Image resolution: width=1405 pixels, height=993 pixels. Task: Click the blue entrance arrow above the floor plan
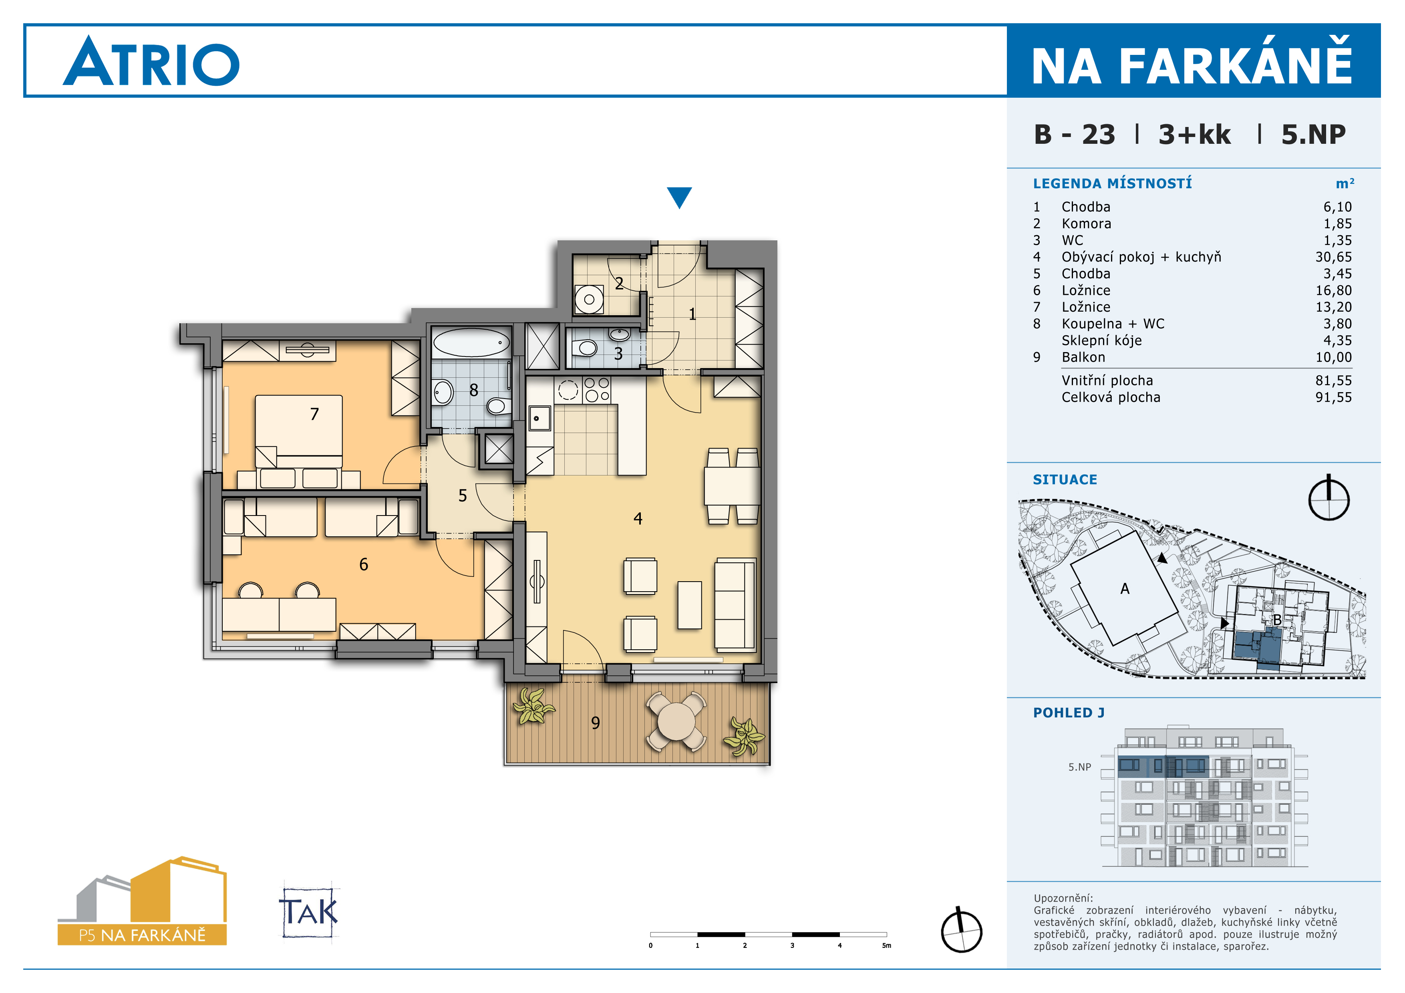click(679, 197)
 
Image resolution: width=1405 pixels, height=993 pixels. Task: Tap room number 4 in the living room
click(638, 519)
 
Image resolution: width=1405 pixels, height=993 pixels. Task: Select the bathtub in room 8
click(471, 342)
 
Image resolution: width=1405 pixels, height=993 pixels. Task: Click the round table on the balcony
click(676, 721)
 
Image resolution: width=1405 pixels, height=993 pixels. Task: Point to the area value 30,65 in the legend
click(1333, 257)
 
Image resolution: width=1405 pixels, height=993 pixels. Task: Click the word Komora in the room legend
click(1086, 224)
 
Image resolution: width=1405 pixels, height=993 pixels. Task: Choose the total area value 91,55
click(1333, 397)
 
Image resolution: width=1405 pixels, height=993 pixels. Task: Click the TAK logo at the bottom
click(309, 912)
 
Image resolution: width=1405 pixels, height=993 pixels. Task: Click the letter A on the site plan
click(1125, 588)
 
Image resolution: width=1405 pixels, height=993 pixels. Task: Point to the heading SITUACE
click(1065, 479)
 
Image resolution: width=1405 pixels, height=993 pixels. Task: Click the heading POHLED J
click(1069, 713)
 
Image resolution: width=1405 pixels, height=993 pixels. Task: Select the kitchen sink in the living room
click(540, 419)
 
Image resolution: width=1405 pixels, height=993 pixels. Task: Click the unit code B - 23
click(1075, 135)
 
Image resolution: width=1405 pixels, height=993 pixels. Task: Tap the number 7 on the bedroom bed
click(314, 414)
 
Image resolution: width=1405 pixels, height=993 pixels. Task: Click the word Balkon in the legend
click(1083, 357)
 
